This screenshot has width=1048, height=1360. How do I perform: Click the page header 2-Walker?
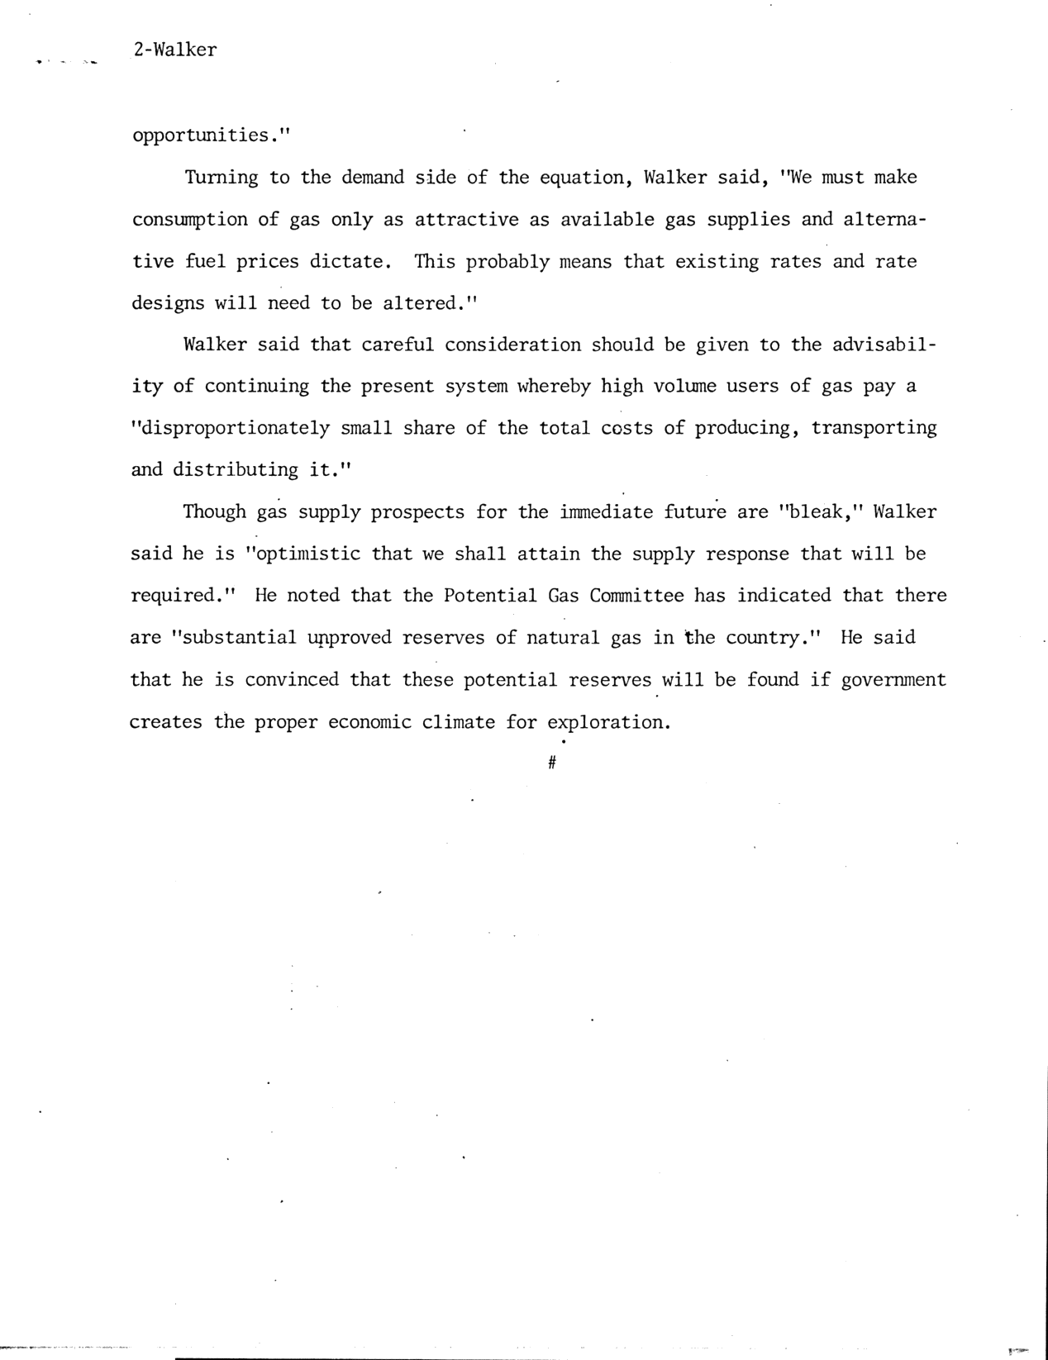(x=174, y=50)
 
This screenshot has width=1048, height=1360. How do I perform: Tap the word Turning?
(x=222, y=178)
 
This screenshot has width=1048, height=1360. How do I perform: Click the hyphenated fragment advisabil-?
(x=884, y=345)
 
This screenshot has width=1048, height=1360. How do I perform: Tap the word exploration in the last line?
(x=607, y=722)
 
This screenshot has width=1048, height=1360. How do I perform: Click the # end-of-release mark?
(x=551, y=764)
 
